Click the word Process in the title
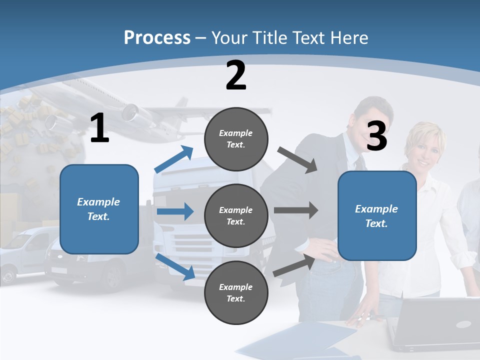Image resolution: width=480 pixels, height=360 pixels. tap(157, 37)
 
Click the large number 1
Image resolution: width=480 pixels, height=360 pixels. tap(99, 128)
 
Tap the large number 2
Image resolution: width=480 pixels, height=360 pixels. tap(236, 75)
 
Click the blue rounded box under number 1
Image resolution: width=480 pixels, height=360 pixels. tap(99, 209)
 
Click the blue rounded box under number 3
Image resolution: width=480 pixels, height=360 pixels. tap(376, 216)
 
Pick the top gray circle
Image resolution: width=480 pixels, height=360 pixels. tap(236, 139)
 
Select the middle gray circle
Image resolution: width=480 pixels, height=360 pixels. tap(236, 215)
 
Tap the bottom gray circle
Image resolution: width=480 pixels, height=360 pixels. tap(236, 292)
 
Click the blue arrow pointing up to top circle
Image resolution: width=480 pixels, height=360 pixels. tap(174, 159)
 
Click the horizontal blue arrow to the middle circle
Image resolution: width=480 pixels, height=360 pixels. tap(175, 211)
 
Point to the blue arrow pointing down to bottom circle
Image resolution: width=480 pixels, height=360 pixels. tap(175, 266)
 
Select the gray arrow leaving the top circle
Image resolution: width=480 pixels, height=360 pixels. tap(298, 159)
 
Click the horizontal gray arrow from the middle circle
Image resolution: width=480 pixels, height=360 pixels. tap(296, 210)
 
